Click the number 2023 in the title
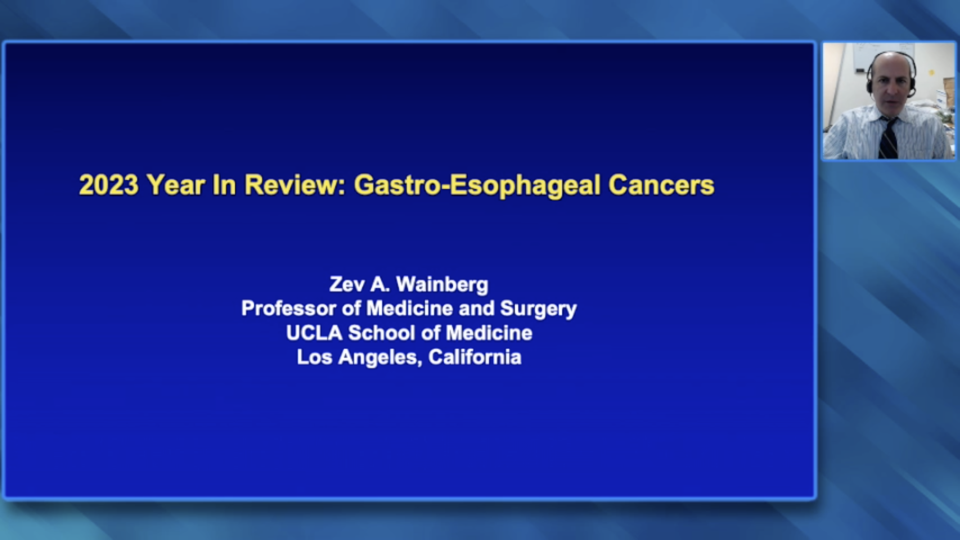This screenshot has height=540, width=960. click(109, 185)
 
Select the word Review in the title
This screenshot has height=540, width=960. click(296, 185)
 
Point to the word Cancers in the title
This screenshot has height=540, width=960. click(661, 185)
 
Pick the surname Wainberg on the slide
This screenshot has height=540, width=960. click(442, 284)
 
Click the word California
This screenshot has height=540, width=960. click(475, 357)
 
